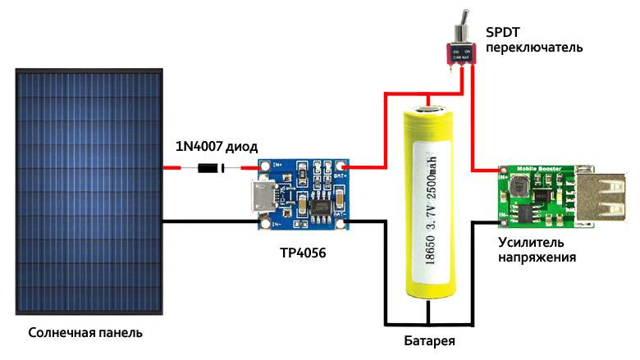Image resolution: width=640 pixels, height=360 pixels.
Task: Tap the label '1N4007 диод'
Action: point(216,147)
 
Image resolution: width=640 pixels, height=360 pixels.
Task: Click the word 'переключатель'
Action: point(533,48)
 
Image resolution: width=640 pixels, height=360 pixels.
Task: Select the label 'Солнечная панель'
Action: point(85,334)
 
